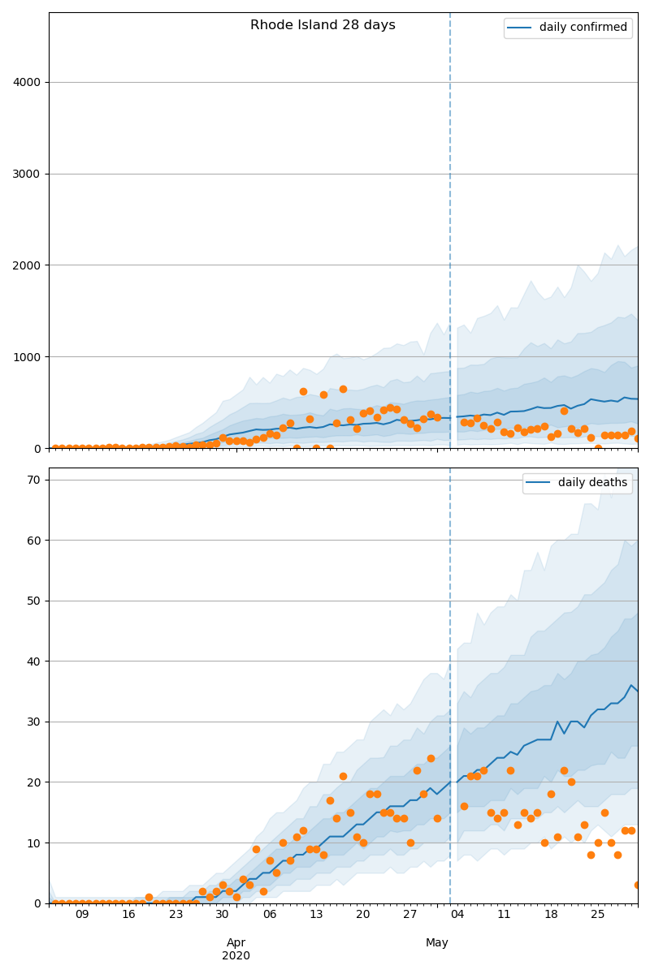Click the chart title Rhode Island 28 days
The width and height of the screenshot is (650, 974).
tap(323, 25)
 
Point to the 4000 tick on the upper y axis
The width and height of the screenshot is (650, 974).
tap(28, 83)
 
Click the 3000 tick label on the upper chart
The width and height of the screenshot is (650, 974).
tap(28, 175)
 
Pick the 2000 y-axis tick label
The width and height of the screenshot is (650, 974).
tap(28, 265)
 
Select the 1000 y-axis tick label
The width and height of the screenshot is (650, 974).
tap(28, 357)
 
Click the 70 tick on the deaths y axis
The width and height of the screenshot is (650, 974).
tap(34, 481)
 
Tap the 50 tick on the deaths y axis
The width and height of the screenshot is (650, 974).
tap(34, 601)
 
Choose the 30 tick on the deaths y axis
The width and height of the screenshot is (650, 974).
tap(34, 722)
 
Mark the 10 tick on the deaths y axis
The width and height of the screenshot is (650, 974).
tap(34, 843)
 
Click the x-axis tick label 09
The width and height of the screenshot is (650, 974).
tap(82, 915)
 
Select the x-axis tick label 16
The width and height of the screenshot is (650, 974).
tap(129, 915)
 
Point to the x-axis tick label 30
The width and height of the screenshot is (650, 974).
tap(223, 915)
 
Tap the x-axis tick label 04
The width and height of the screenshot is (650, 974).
tap(457, 915)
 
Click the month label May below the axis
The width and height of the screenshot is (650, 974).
tap(437, 942)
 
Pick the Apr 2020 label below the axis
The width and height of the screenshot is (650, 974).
tap(236, 949)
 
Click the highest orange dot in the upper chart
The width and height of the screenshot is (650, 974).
tap(343, 389)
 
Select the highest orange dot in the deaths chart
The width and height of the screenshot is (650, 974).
tap(431, 758)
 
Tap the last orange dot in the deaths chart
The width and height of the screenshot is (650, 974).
tap(638, 885)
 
